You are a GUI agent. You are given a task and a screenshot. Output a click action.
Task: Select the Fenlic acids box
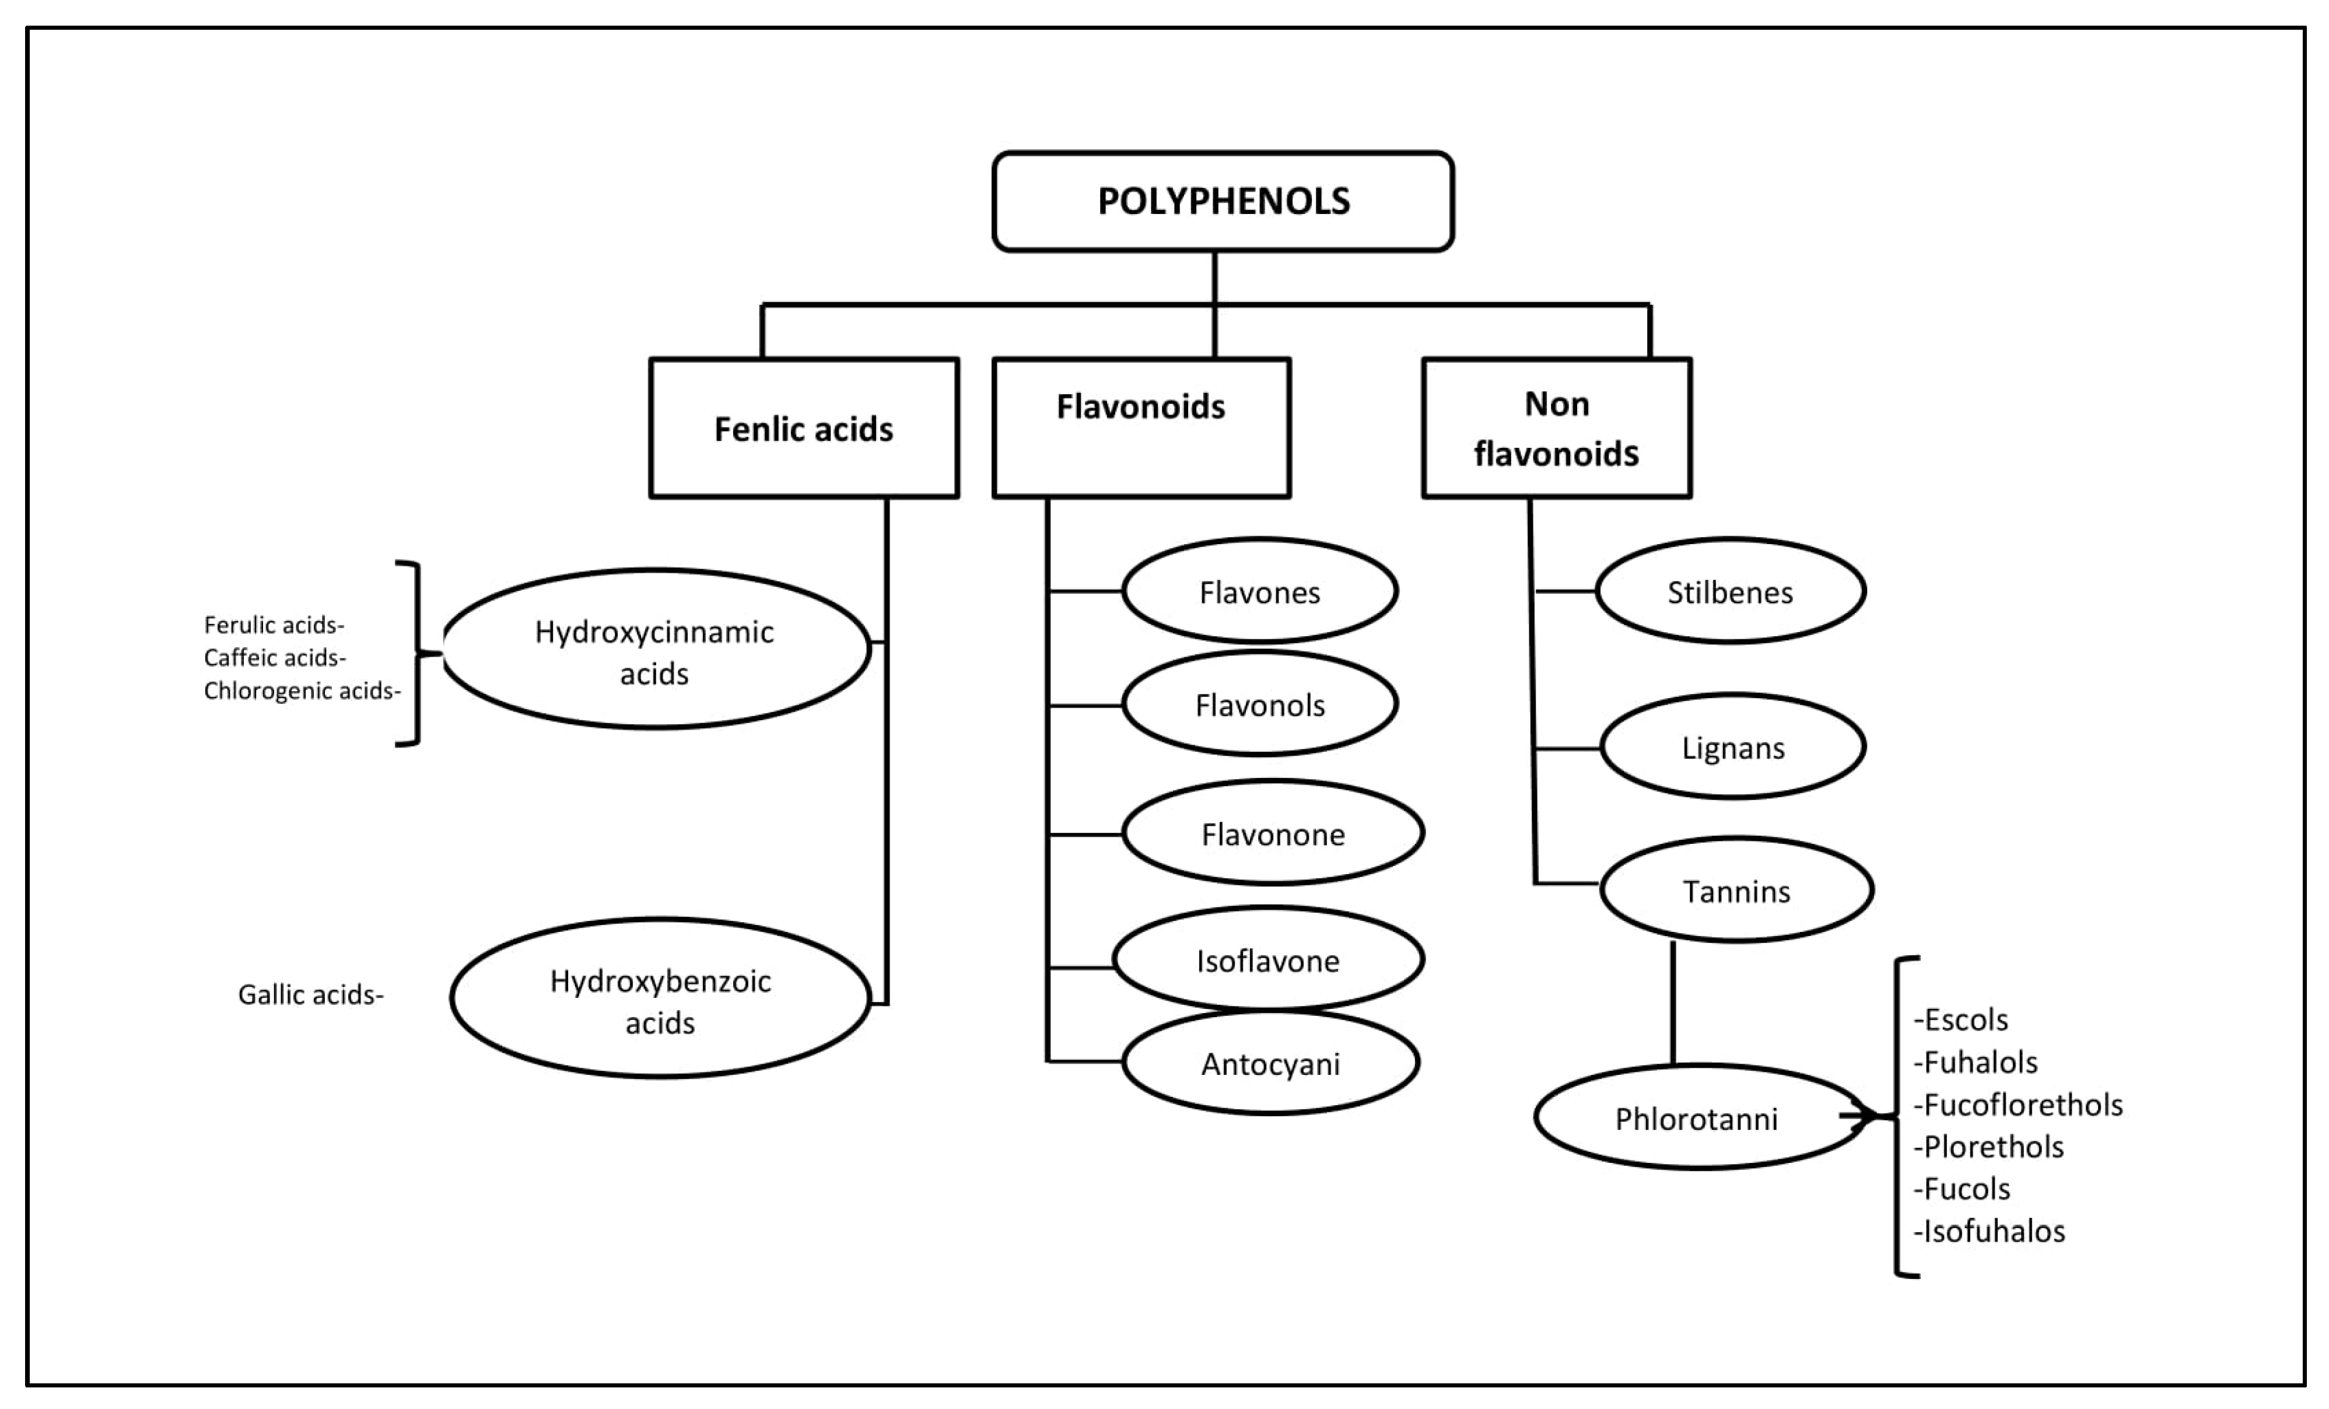(803, 428)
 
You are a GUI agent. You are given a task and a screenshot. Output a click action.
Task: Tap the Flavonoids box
(1141, 427)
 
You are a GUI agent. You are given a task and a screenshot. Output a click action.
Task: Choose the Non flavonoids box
(1556, 428)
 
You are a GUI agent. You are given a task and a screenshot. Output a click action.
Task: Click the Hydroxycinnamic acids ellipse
(655, 649)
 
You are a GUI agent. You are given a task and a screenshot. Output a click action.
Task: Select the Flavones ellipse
(1259, 591)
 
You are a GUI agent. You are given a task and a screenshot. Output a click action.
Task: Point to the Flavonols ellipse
(1259, 704)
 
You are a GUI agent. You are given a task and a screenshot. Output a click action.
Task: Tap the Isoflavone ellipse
(1267, 959)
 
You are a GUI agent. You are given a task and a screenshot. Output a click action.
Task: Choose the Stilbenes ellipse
(1730, 591)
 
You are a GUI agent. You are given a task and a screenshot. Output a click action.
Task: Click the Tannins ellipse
(1736, 890)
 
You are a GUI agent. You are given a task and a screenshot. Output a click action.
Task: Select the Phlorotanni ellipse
(1697, 1118)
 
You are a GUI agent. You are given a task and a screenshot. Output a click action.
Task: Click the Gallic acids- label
(310, 995)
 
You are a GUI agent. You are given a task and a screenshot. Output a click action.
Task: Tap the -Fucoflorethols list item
(2018, 1105)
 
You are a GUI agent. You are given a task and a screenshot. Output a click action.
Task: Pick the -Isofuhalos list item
(1990, 1231)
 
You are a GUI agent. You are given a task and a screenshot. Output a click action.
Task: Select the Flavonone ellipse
(1272, 833)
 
